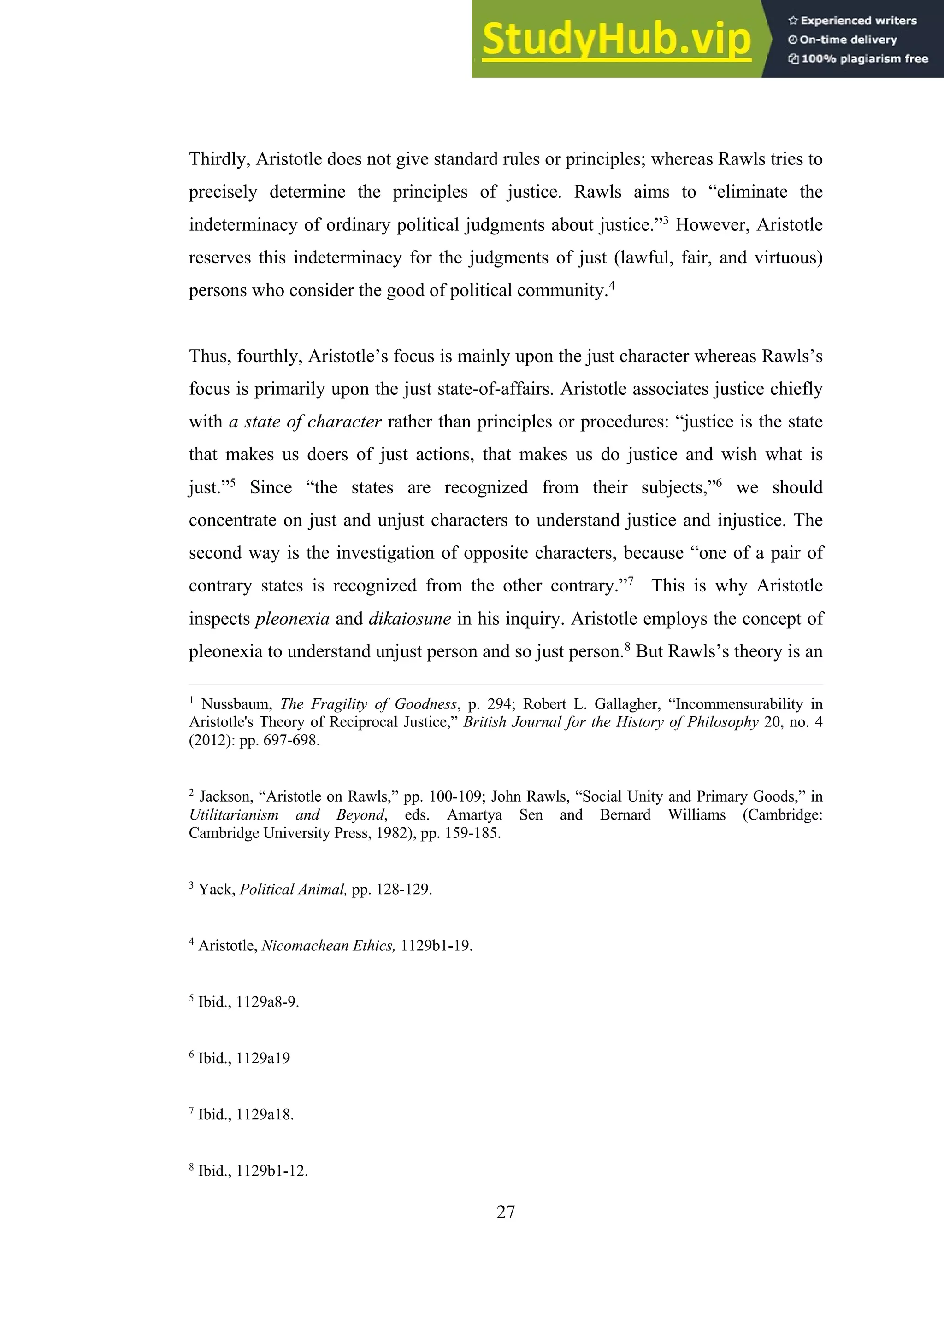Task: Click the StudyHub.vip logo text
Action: (x=616, y=39)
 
